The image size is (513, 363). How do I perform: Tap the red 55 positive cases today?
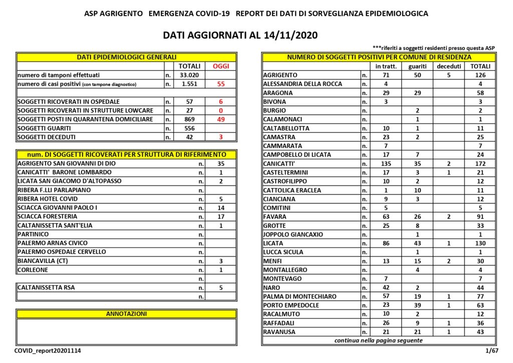[x=221, y=84]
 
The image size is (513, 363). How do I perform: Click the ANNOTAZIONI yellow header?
[x=126, y=314]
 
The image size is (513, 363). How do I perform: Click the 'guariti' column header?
[x=417, y=66]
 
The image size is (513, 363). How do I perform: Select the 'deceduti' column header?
[x=449, y=66]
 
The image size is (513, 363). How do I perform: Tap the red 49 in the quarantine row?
[x=221, y=119]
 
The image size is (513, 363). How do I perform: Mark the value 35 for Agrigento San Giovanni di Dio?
[x=220, y=164]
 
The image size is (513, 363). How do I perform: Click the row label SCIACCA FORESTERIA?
[x=48, y=217]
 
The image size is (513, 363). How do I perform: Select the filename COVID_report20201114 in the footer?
[x=48, y=352]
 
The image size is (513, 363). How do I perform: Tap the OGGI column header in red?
[x=221, y=66]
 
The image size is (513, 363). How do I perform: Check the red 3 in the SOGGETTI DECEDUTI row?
[x=221, y=137]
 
